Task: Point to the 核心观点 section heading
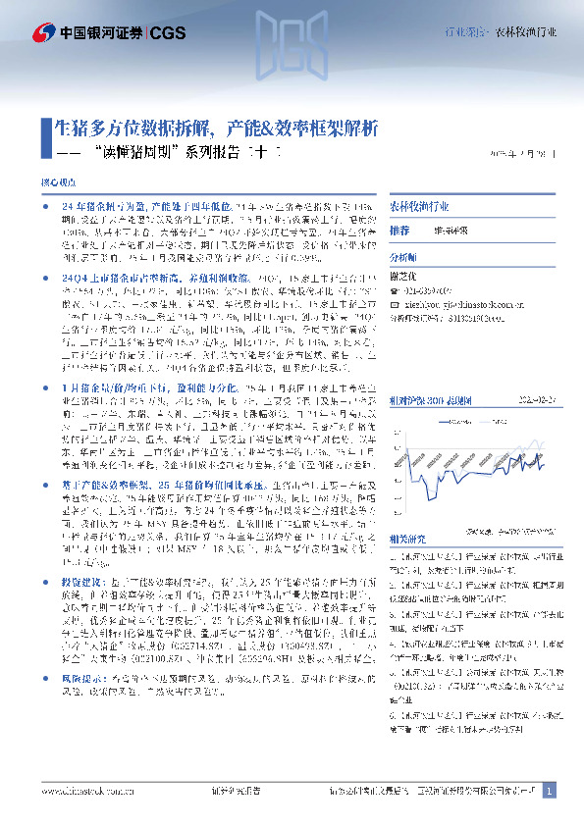(56, 183)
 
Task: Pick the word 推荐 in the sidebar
(399, 231)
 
